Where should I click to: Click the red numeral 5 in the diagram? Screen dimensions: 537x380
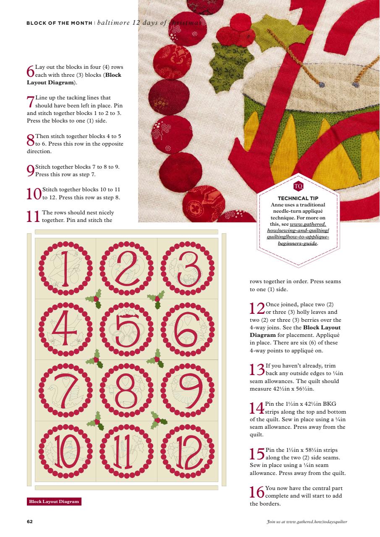(126, 329)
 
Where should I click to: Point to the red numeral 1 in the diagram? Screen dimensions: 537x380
(66, 268)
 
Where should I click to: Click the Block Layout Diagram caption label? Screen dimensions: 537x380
(54, 502)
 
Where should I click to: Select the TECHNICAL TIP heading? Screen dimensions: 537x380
(298, 198)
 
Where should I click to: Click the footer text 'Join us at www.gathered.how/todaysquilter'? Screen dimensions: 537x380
(307, 522)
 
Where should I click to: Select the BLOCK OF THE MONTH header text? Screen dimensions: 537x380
(59, 23)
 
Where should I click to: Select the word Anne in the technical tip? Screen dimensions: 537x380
(277, 204)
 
